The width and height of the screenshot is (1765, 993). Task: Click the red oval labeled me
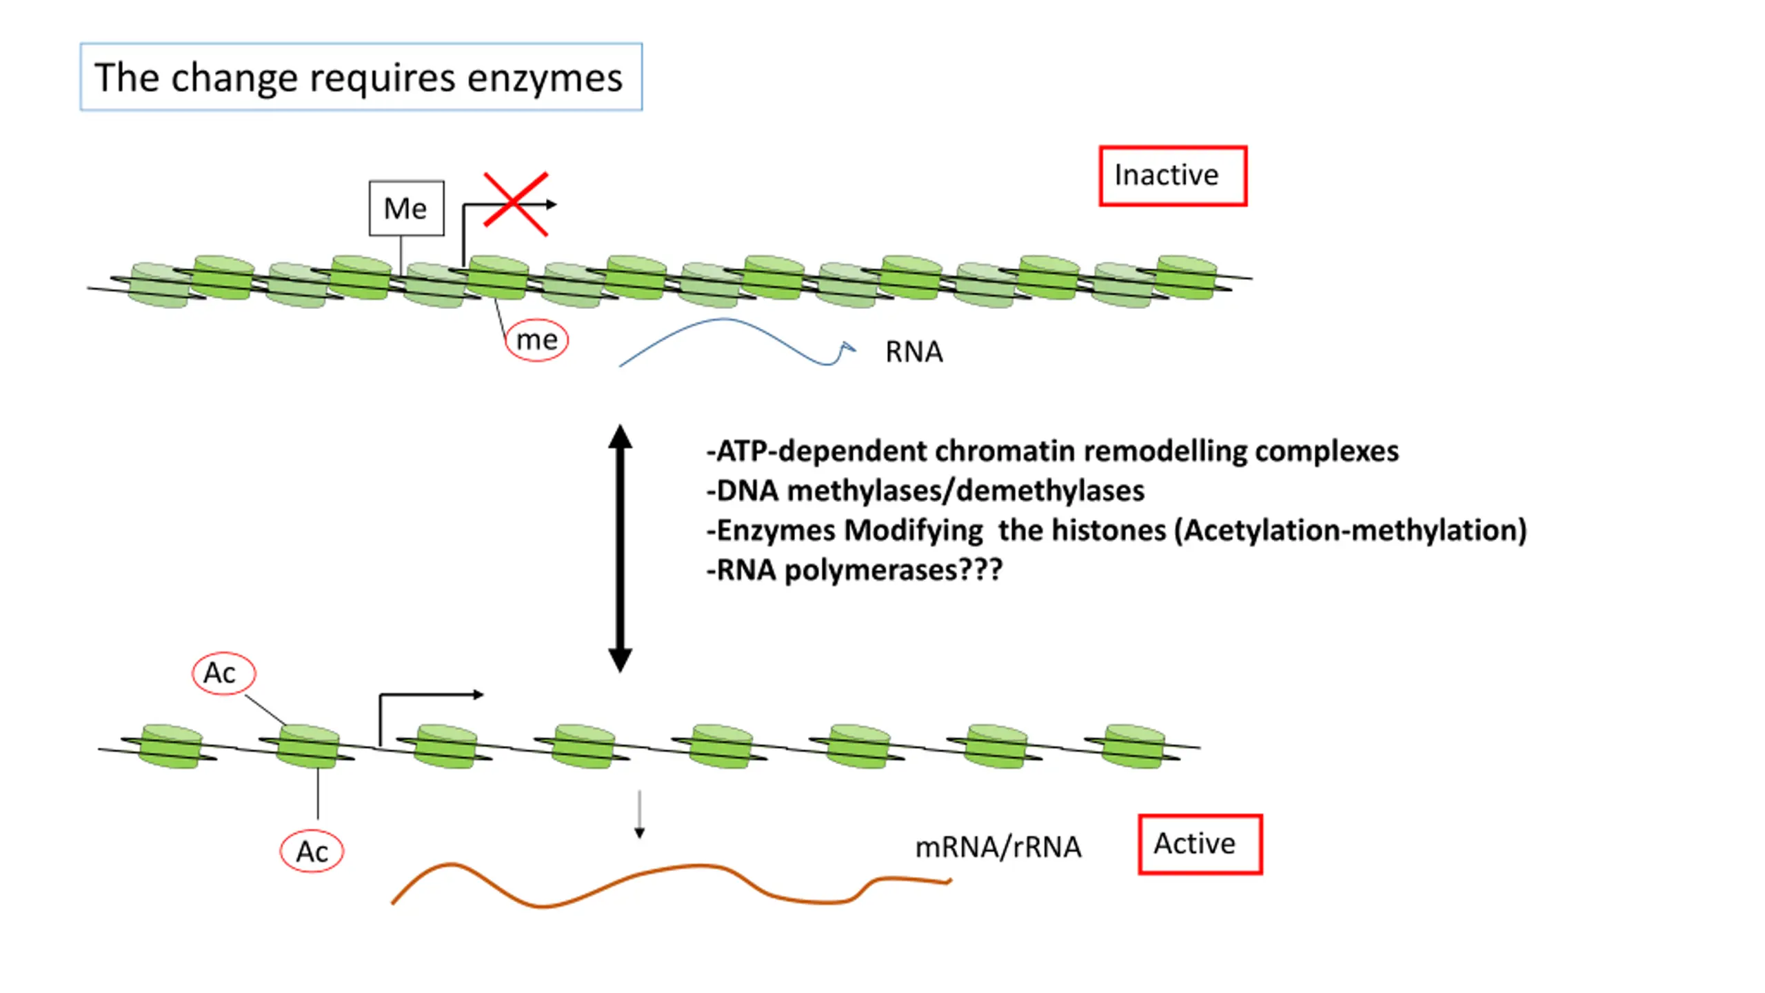(x=536, y=340)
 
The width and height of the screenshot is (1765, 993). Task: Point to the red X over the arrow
(x=516, y=204)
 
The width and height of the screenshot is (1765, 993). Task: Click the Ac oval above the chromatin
(x=223, y=673)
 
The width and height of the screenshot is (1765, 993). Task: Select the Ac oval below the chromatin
(x=312, y=852)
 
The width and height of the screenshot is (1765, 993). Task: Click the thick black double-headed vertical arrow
(x=620, y=548)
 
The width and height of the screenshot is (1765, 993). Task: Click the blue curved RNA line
(x=724, y=319)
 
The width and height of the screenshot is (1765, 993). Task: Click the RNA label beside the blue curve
(x=914, y=352)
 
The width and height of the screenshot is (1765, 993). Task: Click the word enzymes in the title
(x=545, y=78)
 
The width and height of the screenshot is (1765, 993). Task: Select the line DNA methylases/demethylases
(x=925, y=491)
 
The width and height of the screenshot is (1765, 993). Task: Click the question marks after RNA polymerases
(x=980, y=570)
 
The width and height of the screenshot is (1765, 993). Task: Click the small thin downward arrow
(x=639, y=814)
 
